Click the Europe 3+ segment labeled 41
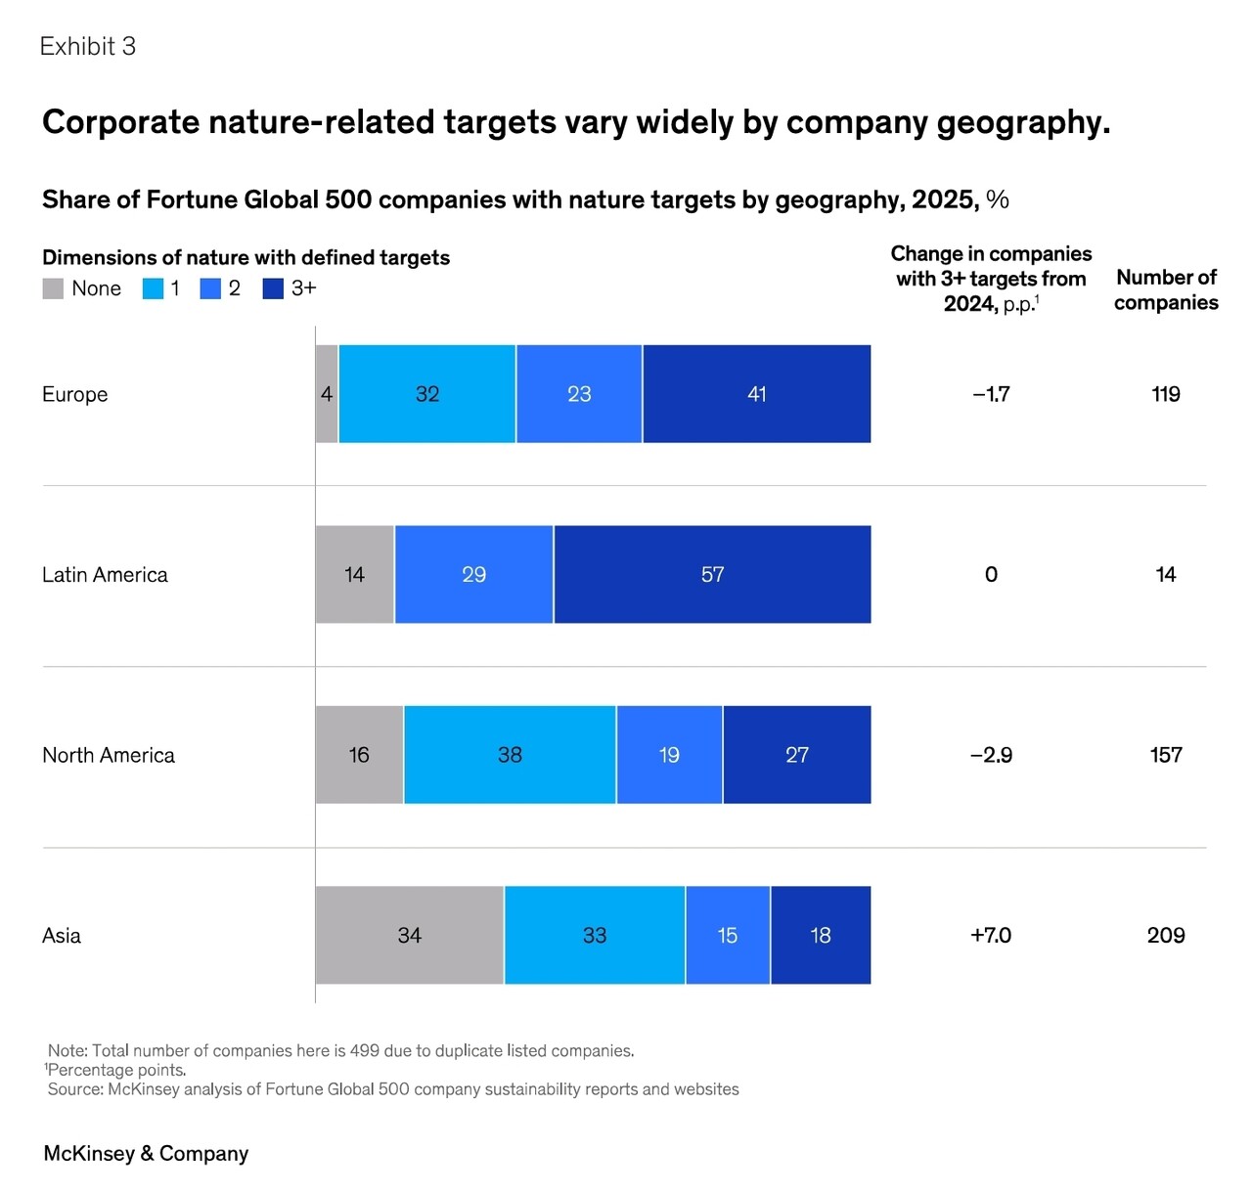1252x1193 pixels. [756, 394]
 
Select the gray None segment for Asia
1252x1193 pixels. [409, 935]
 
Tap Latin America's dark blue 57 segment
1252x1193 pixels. [712, 574]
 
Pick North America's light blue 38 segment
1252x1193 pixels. [510, 755]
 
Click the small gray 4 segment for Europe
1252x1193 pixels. [327, 394]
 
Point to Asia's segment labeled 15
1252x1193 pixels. [728, 935]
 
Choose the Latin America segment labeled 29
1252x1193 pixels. [473, 574]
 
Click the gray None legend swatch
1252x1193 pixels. [53, 288]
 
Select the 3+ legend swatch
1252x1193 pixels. [273, 288]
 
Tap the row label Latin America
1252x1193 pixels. [105, 575]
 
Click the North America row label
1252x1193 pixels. [109, 755]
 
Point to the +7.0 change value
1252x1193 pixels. [991, 935]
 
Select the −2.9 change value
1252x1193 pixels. [991, 755]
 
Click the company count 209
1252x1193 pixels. [1166, 935]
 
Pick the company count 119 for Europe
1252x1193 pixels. [1166, 394]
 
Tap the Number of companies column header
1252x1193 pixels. [1166, 289]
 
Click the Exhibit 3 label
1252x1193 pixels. [88, 46]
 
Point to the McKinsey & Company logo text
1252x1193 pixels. [146, 1153]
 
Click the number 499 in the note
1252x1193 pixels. [365, 1050]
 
